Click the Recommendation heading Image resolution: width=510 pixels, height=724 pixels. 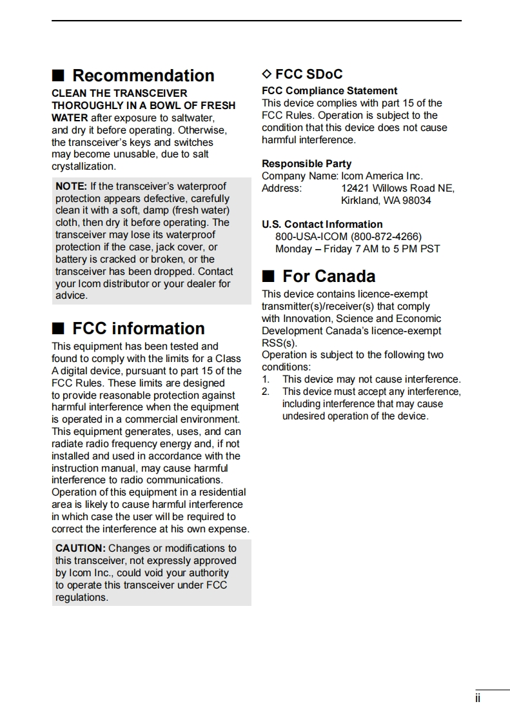(143, 75)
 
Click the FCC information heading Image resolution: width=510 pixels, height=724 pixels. (139, 328)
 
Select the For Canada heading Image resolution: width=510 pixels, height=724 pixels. (329, 276)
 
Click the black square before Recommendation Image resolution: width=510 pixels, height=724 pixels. (58, 76)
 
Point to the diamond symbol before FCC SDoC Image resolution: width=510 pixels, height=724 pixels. (267, 74)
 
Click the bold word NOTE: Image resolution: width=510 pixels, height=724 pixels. (71, 186)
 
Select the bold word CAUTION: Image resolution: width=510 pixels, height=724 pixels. (80, 548)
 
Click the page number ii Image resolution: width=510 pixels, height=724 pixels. (478, 699)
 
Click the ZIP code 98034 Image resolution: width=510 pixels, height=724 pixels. (417, 201)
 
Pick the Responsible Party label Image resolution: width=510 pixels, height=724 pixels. (306, 164)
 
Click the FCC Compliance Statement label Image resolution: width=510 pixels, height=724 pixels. (329, 91)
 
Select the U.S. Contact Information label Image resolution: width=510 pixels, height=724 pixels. (322, 225)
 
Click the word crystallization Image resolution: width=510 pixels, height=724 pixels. (84, 166)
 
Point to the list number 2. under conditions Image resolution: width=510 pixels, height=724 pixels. (266, 392)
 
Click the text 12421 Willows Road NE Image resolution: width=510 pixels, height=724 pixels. (398, 188)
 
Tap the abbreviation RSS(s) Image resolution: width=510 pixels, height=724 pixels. (279, 343)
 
